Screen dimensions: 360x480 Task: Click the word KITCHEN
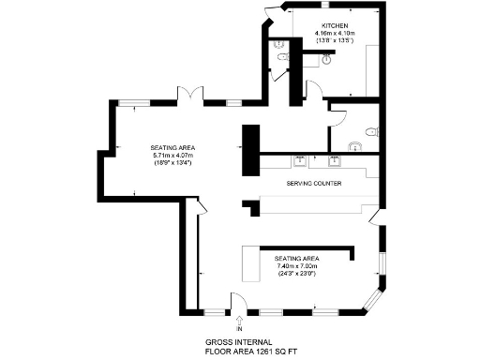tap(335, 24)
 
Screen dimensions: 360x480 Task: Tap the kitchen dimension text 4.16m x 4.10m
tap(335, 34)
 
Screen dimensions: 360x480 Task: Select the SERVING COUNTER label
tap(310, 184)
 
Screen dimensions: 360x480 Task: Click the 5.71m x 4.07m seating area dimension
tap(173, 156)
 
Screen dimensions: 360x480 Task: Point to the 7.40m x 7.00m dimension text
tap(297, 265)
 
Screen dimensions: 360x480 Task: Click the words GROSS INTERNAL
tap(232, 343)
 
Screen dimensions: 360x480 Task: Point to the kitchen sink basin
tap(325, 58)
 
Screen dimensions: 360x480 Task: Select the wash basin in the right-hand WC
tap(352, 146)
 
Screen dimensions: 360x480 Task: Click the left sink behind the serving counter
tap(300, 160)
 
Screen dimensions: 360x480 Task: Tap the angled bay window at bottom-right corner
tap(373, 298)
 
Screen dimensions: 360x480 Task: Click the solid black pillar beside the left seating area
tap(250, 149)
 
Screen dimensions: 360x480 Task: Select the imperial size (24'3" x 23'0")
tap(297, 274)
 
